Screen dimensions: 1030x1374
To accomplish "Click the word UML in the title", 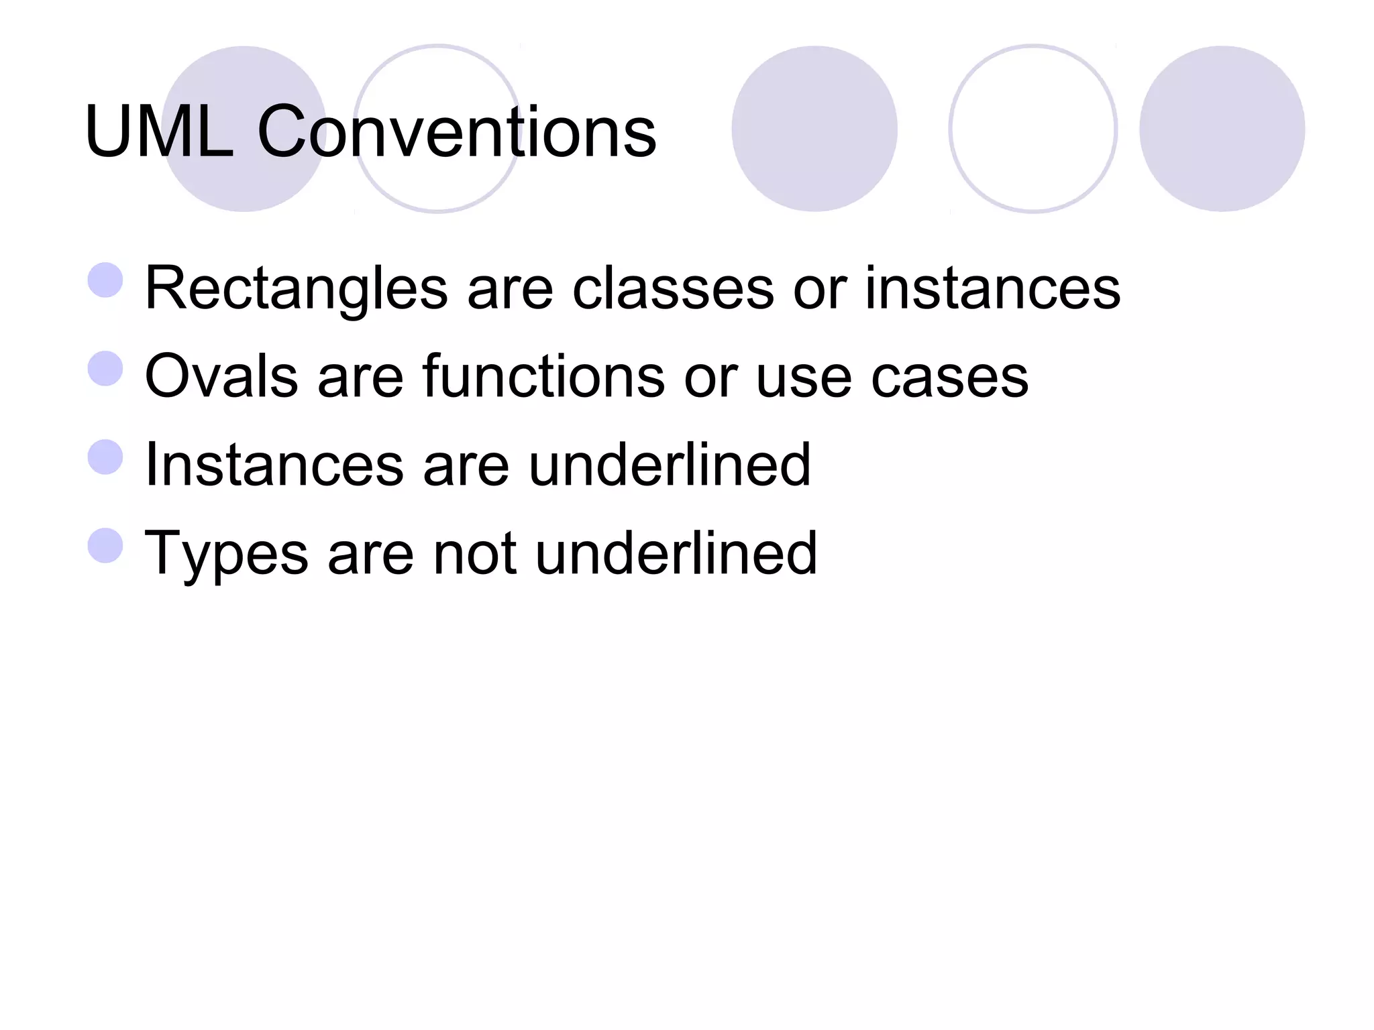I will coord(159,132).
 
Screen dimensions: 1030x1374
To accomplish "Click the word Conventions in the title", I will coord(456,132).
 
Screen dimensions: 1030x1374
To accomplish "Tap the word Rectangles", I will coord(296,288).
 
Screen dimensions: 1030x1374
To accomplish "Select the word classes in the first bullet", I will coord(673,288).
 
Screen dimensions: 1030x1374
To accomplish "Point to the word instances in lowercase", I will coord(992,288).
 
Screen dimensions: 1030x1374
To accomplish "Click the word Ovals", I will coord(221,376).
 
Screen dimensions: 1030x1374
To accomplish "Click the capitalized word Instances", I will coord(274,465).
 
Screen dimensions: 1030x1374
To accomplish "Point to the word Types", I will coord(226,555).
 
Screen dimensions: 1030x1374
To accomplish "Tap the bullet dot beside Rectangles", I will coord(105,280).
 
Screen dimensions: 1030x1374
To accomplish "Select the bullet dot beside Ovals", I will coord(105,369).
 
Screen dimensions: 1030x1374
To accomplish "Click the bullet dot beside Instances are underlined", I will coord(105,457).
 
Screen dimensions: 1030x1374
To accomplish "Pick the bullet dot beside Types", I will coord(105,546).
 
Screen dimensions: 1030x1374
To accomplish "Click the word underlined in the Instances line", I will coord(670,465).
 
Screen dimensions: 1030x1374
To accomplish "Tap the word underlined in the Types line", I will coord(676,553).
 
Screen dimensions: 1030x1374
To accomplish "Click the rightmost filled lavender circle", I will coord(1222,129).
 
